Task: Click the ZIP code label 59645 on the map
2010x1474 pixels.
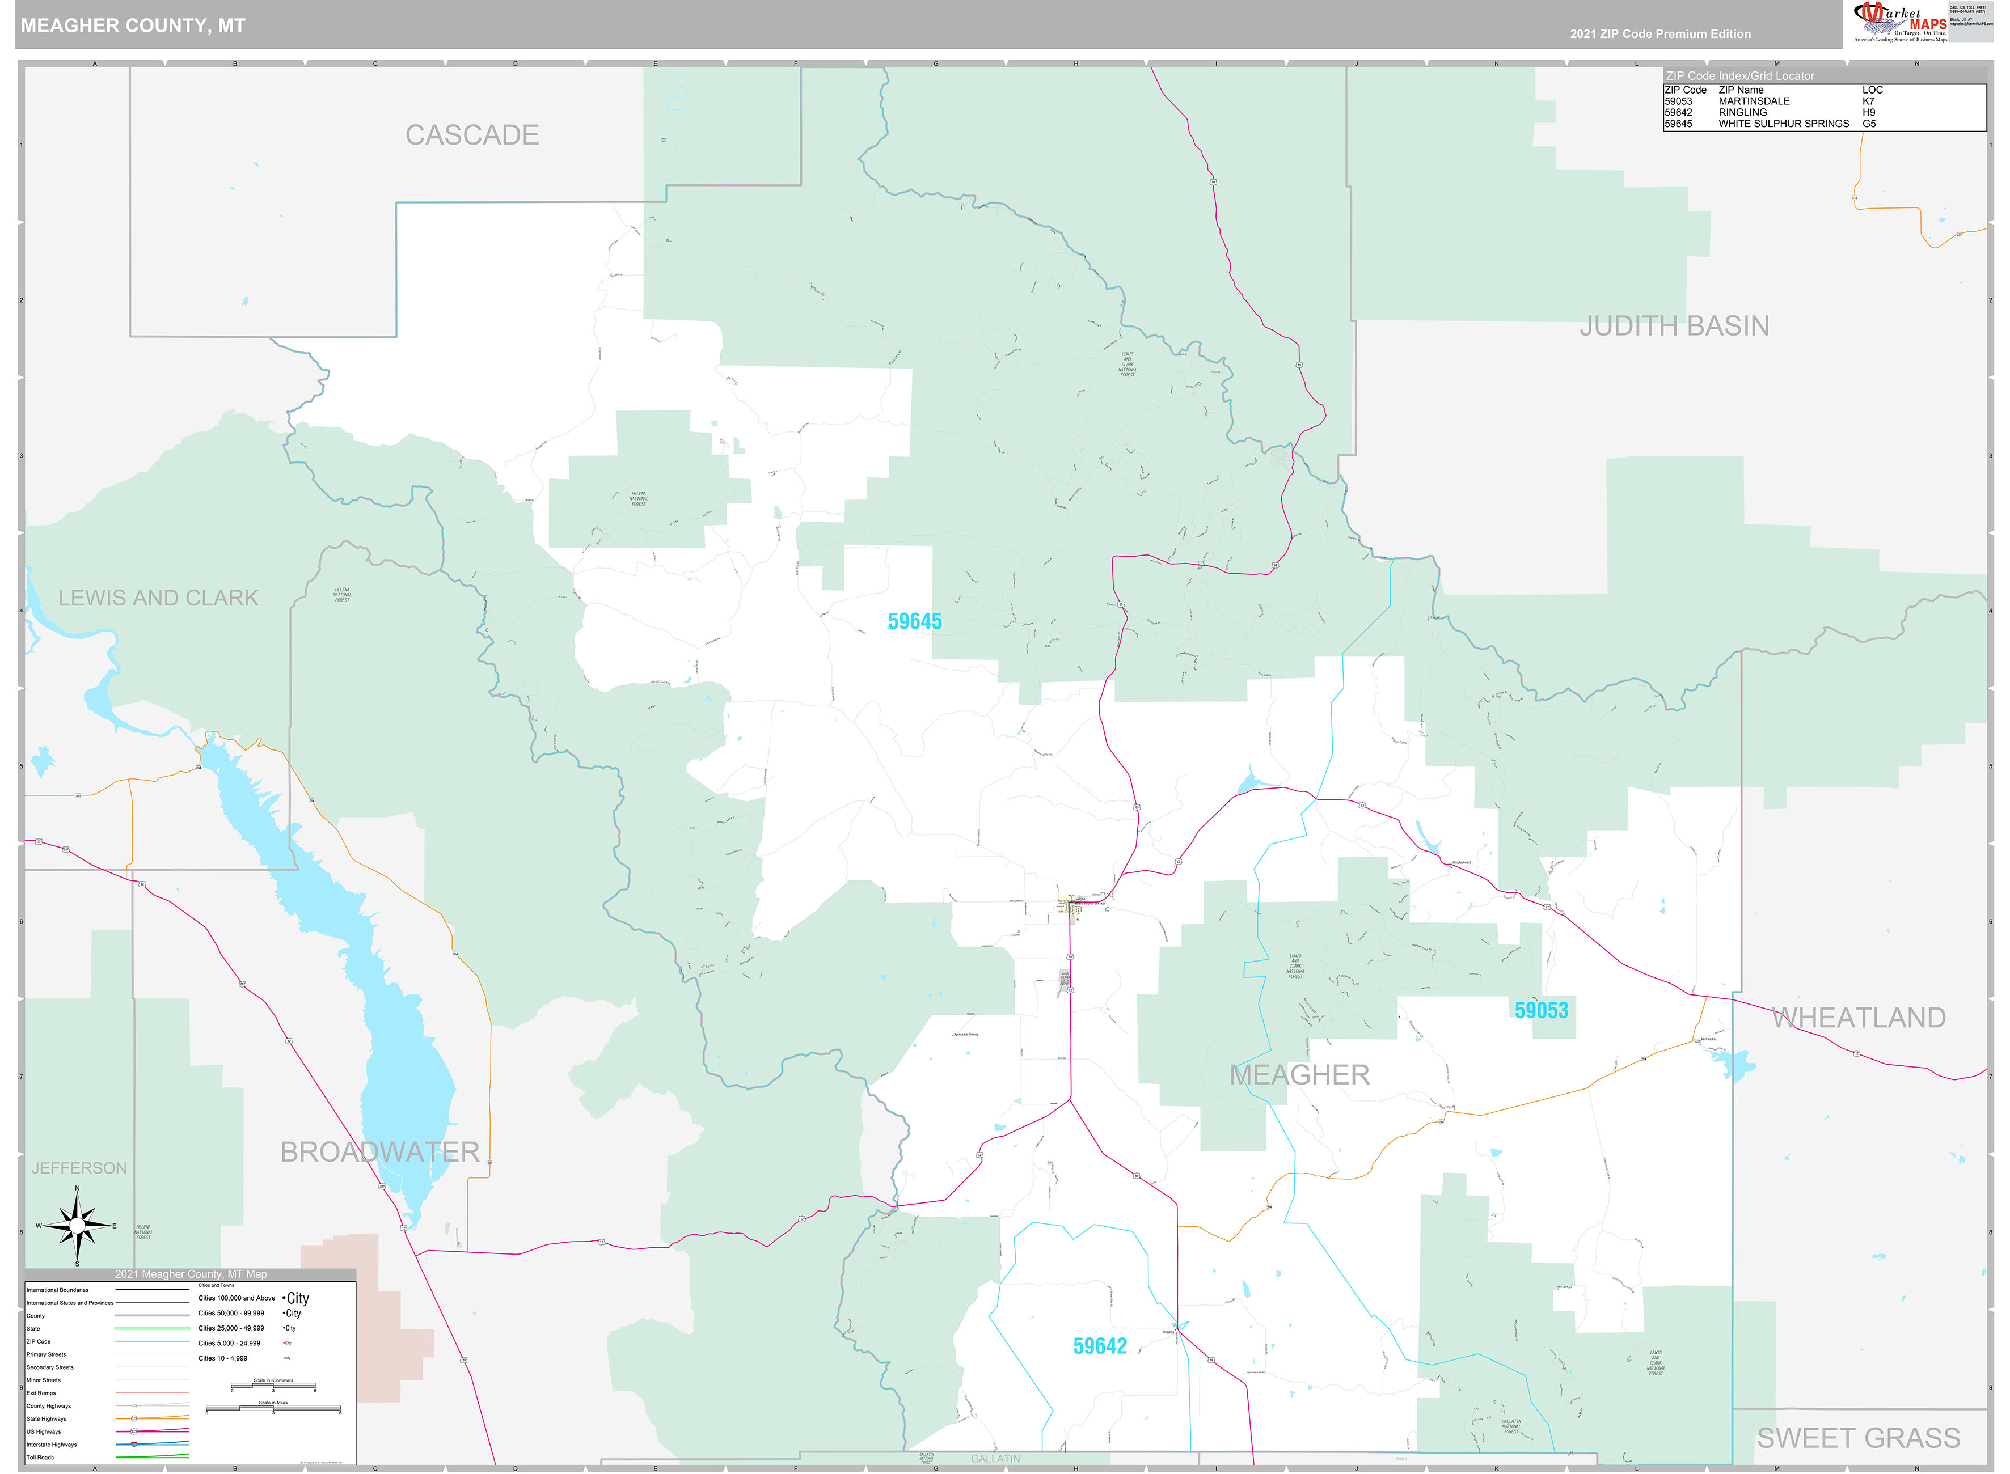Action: point(914,622)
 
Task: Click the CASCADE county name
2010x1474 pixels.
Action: point(472,135)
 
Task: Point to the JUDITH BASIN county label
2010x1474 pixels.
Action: point(1674,325)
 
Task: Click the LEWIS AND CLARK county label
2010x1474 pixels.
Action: point(158,598)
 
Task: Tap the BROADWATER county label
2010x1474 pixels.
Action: point(379,1152)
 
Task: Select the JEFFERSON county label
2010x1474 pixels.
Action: point(79,1168)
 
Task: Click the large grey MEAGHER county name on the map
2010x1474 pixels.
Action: point(1299,1075)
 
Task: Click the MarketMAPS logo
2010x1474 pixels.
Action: point(1899,22)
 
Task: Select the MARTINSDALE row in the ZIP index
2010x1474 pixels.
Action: point(1754,101)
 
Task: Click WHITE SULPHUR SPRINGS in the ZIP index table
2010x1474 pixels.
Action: point(1783,124)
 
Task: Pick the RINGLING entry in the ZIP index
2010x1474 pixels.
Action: point(1742,112)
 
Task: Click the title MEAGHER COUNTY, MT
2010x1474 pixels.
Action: point(133,26)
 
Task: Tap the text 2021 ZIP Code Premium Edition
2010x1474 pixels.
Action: point(1660,34)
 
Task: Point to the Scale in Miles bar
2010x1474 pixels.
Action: point(273,1410)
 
